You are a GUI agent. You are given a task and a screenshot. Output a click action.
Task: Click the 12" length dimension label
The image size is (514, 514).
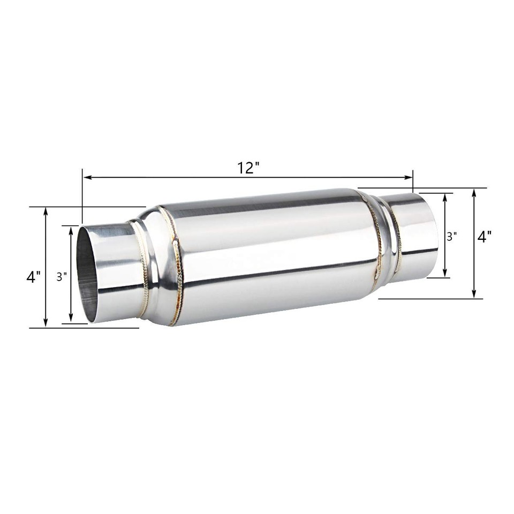(x=248, y=168)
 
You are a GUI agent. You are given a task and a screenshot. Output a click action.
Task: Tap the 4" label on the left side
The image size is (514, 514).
(x=34, y=277)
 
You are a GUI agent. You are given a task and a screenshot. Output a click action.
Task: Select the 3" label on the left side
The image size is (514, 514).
(x=62, y=277)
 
